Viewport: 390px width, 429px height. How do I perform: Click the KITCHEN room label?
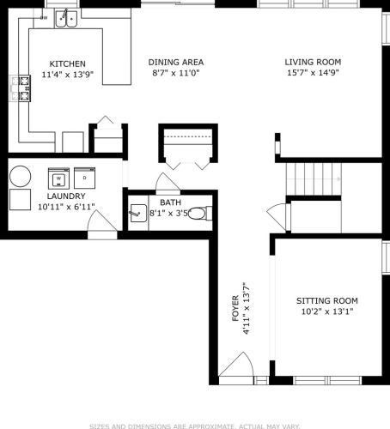pyautogui.click(x=67, y=64)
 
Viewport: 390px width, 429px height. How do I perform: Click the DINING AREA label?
pyautogui.click(x=175, y=63)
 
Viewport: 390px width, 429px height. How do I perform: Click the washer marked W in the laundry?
pyautogui.click(x=58, y=178)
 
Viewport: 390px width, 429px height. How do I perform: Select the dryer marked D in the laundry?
pyautogui.click(x=84, y=178)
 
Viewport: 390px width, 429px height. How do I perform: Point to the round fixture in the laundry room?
pyautogui.click(x=20, y=176)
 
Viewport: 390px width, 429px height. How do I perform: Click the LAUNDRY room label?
pyautogui.click(x=66, y=196)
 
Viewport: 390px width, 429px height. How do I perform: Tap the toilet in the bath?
pyautogui.click(x=198, y=213)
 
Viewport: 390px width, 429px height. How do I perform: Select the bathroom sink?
pyautogui.click(x=137, y=214)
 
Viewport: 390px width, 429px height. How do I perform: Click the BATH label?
pyautogui.click(x=169, y=202)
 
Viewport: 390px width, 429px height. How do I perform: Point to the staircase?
pyautogui.click(x=314, y=178)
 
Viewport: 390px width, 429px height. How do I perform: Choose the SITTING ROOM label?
pyautogui.click(x=326, y=300)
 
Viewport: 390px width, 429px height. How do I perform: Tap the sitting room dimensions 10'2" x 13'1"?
pyautogui.click(x=326, y=311)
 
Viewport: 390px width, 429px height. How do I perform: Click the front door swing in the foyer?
pyautogui.click(x=235, y=369)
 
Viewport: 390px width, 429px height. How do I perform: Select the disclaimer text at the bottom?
pyautogui.click(x=195, y=425)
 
